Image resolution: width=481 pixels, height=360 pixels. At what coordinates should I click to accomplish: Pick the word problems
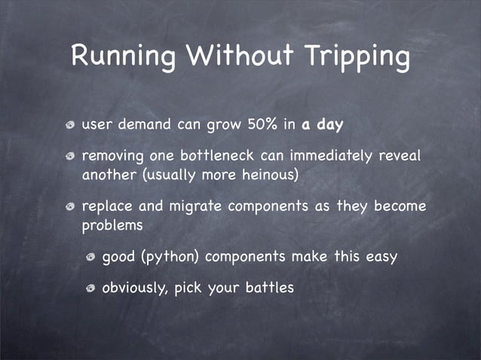[x=112, y=224]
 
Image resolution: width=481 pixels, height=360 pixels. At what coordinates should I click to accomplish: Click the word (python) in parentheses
[x=170, y=256]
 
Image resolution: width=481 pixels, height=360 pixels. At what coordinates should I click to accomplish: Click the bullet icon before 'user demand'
[x=71, y=124]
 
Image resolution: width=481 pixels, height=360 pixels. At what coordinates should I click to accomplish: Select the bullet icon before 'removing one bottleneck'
[x=71, y=157]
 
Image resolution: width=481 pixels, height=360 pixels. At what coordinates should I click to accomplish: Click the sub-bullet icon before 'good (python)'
[x=90, y=257]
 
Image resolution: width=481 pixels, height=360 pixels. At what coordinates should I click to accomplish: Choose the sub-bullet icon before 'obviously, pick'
[x=90, y=288]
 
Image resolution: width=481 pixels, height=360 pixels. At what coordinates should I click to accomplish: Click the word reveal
[x=398, y=157]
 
